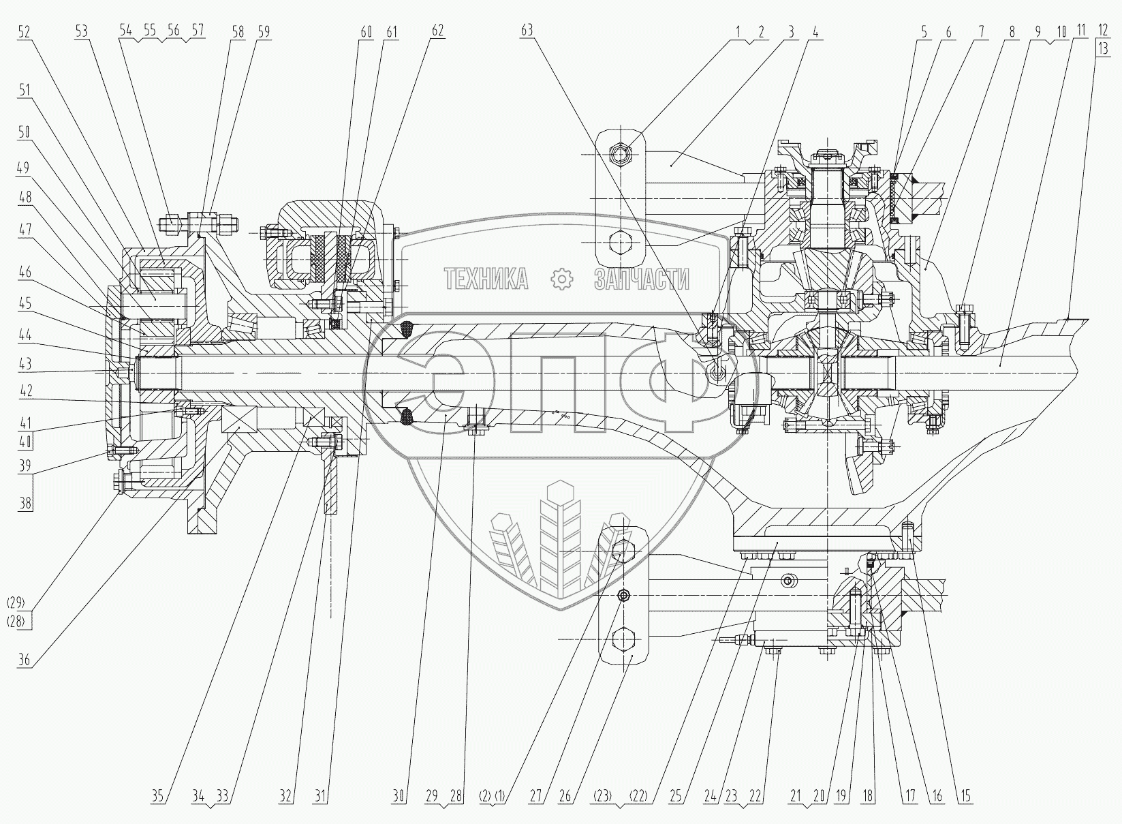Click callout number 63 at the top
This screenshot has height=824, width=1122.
(x=527, y=31)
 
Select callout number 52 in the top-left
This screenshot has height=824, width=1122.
(x=24, y=33)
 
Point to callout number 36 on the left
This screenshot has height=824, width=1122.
(x=24, y=660)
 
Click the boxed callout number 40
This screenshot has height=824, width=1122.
(x=25, y=442)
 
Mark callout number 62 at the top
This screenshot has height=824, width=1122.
(x=437, y=31)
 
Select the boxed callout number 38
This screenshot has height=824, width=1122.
(x=25, y=503)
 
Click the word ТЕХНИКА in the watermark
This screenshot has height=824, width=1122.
(x=486, y=279)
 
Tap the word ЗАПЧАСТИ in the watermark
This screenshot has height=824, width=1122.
(x=642, y=279)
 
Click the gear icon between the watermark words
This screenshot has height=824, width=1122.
(x=561, y=279)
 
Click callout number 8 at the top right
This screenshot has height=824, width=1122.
(x=1012, y=32)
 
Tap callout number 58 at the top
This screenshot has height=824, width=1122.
(x=238, y=32)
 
